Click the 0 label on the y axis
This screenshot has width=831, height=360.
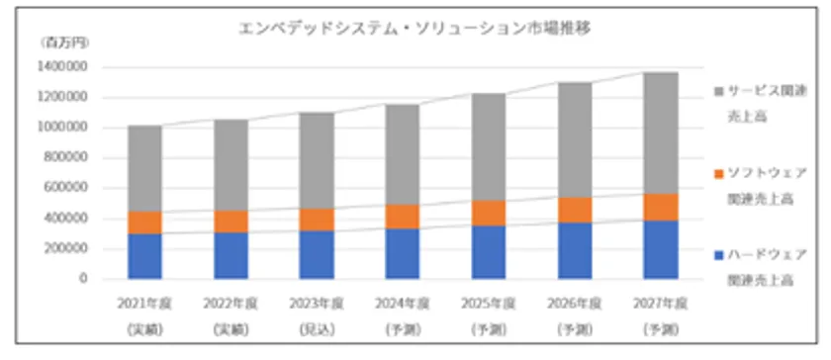tap(84, 279)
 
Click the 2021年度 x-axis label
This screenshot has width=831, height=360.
tap(144, 303)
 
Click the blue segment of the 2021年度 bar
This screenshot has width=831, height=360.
tap(144, 256)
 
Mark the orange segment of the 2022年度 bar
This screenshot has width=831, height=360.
tap(231, 221)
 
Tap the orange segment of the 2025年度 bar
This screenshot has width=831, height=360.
tap(489, 213)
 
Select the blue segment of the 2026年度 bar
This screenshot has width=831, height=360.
tap(575, 250)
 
